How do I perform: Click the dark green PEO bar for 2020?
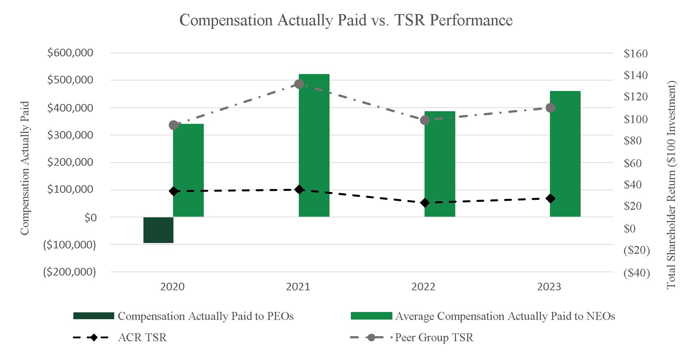tap(158, 230)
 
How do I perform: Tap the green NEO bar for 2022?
tap(440, 164)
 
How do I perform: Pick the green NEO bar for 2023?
tap(565, 154)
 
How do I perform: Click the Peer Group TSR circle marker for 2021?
tap(299, 84)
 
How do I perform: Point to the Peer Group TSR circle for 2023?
tap(550, 108)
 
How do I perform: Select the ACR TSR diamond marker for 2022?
tap(425, 203)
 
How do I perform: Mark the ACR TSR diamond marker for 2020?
tap(173, 191)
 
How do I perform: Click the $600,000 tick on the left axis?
tap(70, 53)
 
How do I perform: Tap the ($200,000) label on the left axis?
tap(69, 272)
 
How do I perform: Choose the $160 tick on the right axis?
tap(636, 54)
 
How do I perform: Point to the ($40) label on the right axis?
tap(636, 273)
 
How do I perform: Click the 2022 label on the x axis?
tap(423, 287)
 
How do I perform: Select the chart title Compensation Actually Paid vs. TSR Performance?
tap(346, 20)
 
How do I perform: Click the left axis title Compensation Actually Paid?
tap(25, 168)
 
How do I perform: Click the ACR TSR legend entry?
tap(142, 338)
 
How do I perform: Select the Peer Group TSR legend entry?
tap(434, 338)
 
